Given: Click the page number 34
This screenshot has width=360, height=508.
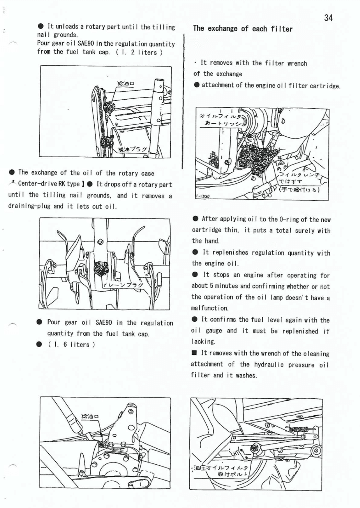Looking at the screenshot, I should (328, 18).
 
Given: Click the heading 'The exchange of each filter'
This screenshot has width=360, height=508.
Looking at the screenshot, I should (243, 29).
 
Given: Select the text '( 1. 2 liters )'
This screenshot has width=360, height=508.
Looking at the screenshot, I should (139, 52).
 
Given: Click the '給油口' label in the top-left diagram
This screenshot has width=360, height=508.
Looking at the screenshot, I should (125, 83).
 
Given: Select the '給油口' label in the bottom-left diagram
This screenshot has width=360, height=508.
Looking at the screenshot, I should (90, 416).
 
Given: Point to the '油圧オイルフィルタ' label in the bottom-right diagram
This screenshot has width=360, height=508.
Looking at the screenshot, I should (221, 467).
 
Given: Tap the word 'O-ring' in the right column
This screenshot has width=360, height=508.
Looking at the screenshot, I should (289, 219).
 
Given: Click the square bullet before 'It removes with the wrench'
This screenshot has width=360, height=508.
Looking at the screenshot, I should (194, 353).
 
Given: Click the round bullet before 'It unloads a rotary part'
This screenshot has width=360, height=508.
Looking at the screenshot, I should (40, 26).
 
